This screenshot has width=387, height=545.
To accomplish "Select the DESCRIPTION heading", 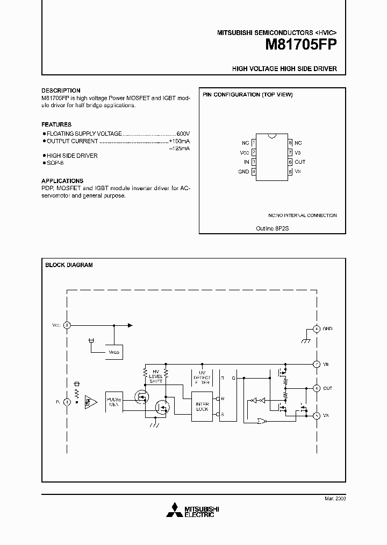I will [x=61, y=90].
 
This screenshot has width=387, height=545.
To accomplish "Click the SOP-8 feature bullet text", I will [x=55, y=163].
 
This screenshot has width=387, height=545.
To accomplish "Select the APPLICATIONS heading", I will [x=62, y=181].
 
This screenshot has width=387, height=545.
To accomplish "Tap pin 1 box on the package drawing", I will [x=254, y=143].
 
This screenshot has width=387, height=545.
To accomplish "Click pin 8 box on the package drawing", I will [x=290, y=143].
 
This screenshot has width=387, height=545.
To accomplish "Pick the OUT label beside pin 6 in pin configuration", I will [x=300, y=162].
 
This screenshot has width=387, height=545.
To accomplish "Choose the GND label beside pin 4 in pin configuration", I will [x=243, y=172].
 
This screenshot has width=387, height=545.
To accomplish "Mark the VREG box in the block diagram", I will [x=114, y=352].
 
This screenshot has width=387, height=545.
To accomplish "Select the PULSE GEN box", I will [x=113, y=402].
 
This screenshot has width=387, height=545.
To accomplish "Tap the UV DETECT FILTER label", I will [x=202, y=376].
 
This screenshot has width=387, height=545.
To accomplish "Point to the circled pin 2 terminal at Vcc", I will [x=67, y=325].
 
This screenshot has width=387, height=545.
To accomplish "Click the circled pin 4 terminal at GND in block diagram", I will [x=317, y=329].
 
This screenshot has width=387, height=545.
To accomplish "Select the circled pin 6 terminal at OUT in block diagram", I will [x=317, y=388].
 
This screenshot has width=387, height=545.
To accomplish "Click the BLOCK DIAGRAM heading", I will [x=69, y=265].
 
